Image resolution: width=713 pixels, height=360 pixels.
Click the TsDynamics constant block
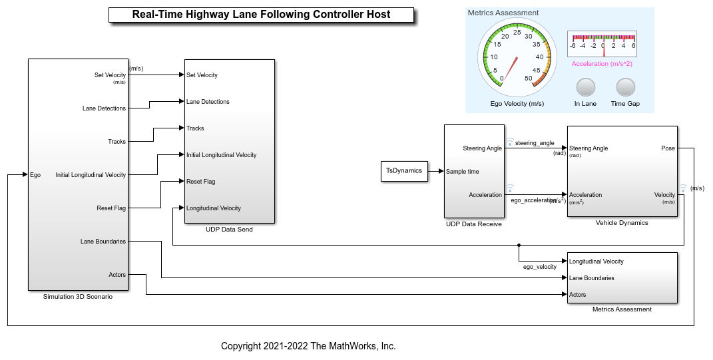click(x=404, y=171)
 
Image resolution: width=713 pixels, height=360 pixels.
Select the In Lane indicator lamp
click(x=585, y=88)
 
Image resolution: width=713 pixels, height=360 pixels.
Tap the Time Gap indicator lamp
click(x=625, y=88)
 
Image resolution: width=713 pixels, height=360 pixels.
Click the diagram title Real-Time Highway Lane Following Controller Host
click(x=261, y=15)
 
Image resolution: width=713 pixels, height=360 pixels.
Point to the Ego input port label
click(x=35, y=175)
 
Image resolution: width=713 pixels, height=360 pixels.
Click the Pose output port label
click(x=668, y=148)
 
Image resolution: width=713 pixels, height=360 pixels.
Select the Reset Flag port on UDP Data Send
click(x=200, y=182)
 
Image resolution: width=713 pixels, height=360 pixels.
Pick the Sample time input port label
click(x=462, y=172)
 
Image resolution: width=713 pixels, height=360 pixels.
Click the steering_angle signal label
click(x=535, y=143)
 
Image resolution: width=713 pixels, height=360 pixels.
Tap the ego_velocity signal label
click(x=539, y=267)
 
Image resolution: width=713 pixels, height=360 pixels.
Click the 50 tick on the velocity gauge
click(x=529, y=79)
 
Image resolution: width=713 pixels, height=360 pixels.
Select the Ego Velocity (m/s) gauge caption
click(x=517, y=104)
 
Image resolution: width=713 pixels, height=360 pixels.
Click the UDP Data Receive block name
click(x=473, y=224)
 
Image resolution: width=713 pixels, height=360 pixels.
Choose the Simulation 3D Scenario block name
click(x=78, y=297)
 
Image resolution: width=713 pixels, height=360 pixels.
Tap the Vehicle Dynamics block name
click(x=622, y=223)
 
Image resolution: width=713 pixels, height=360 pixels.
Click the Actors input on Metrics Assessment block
click(x=578, y=295)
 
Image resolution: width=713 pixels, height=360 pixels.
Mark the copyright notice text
click(x=308, y=346)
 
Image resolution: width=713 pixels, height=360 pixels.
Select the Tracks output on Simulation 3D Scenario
click(x=117, y=142)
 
